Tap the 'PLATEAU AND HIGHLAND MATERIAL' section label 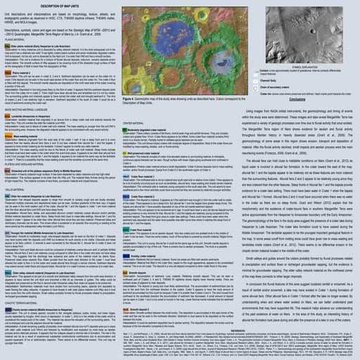click(x=27, y=163)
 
